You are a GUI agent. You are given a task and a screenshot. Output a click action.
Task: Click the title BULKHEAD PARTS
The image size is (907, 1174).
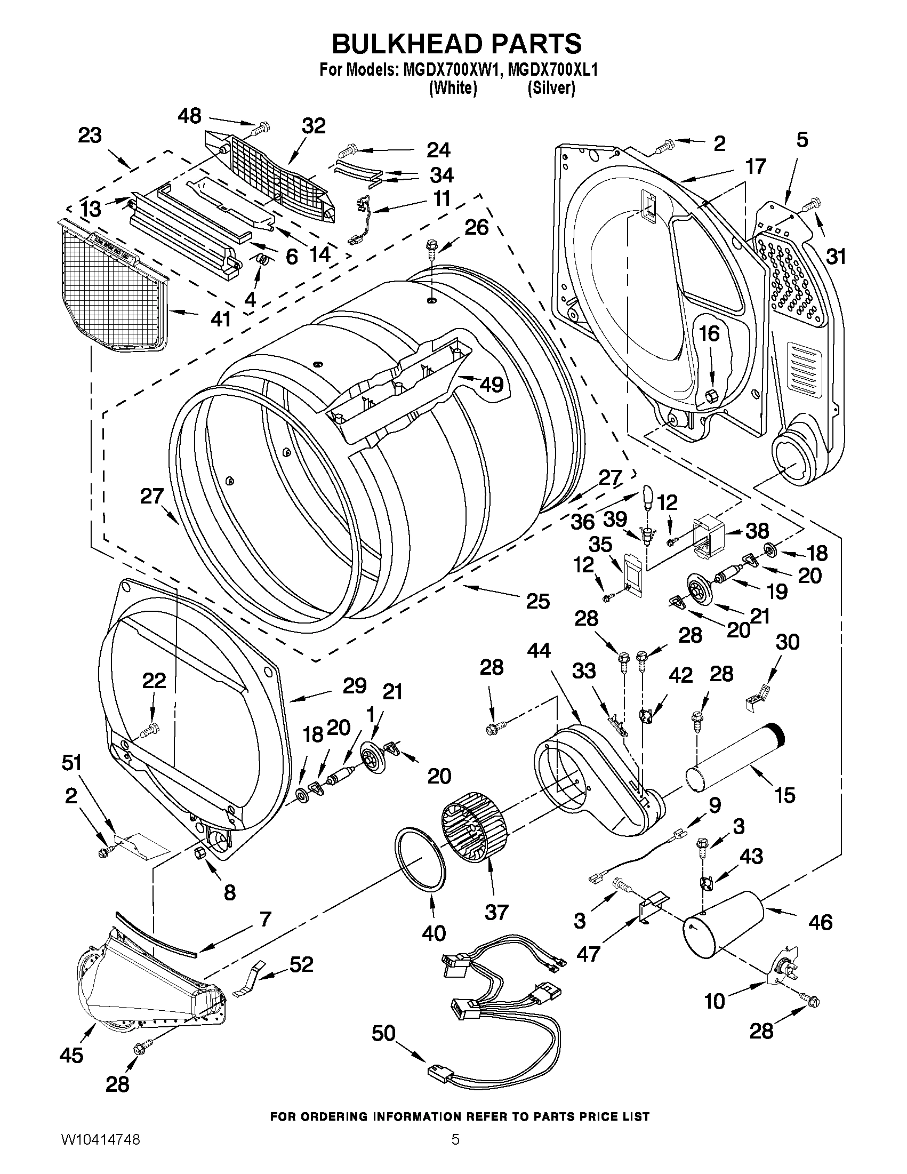(456, 44)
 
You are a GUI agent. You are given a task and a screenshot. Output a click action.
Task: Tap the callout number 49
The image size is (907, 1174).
(491, 385)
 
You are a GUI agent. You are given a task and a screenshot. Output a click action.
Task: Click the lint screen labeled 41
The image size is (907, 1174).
(113, 286)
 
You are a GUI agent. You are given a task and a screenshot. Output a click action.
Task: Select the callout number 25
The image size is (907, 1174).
(537, 601)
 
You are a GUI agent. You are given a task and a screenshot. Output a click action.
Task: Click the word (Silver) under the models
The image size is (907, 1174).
(551, 87)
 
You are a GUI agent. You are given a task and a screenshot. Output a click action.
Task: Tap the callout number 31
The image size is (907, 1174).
(836, 257)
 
